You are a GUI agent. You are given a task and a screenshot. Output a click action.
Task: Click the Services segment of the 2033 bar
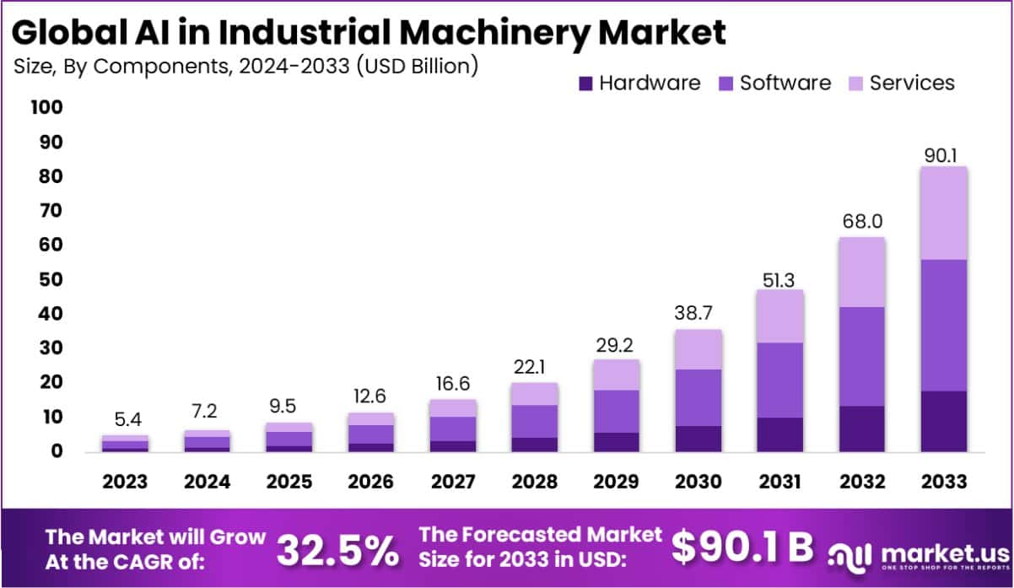pos(943,213)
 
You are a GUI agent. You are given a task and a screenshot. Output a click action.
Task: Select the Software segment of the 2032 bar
pos(861,356)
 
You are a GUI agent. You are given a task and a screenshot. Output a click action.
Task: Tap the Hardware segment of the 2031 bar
pos(779,434)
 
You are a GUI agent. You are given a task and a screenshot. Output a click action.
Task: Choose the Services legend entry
pos(911,83)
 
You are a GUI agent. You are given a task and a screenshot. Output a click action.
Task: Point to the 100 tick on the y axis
pos(46,108)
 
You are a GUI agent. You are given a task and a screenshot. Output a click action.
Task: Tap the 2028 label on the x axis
pos(534,482)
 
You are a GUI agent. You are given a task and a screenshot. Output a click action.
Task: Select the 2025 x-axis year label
pos(289,482)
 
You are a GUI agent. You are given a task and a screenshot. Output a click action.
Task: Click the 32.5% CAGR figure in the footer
pos(337,549)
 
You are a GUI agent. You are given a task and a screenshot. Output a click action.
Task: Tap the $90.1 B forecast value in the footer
pos(742,548)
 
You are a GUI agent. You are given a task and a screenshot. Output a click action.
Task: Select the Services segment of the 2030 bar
pos(698,348)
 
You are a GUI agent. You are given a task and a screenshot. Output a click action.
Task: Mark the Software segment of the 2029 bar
pos(616,411)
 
